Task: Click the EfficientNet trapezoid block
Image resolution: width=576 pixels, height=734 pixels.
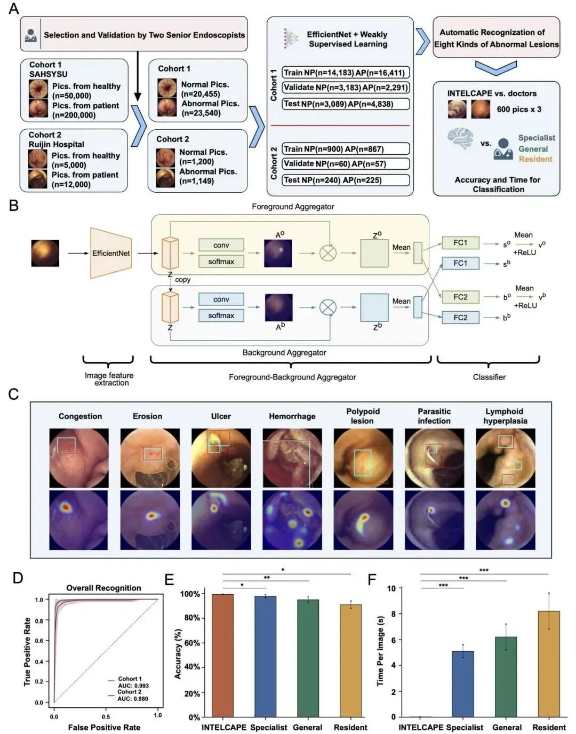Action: tap(111, 253)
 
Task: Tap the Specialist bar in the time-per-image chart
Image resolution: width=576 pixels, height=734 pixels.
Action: tap(462, 684)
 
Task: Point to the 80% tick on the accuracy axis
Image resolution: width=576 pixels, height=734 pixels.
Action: tap(190, 618)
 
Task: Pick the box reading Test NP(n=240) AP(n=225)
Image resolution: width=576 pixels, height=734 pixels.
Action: tap(346, 180)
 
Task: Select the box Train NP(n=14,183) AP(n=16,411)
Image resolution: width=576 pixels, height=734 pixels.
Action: tap(346, 73)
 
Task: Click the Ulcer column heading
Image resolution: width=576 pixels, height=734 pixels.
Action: tap(221, 416)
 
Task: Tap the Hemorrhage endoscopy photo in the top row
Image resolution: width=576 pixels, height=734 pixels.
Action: tap(292, 458)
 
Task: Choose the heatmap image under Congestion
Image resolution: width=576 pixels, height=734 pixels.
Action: tap(78, 520)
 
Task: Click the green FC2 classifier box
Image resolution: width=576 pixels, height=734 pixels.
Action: tap(460, 297)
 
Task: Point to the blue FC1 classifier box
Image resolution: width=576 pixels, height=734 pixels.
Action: tap(460, 263)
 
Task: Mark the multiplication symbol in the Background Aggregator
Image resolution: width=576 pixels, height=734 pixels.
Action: tap(327, 307)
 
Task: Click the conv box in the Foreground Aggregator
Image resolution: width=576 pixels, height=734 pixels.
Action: tap(221, 245)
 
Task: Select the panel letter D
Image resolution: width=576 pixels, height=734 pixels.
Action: tap(18, 578)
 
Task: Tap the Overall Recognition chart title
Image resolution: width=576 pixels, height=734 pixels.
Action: tap(103, 588)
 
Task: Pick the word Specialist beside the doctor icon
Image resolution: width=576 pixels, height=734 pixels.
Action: tap(536, 138)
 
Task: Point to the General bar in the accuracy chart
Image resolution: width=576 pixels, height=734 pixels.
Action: tap(308, 658)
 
